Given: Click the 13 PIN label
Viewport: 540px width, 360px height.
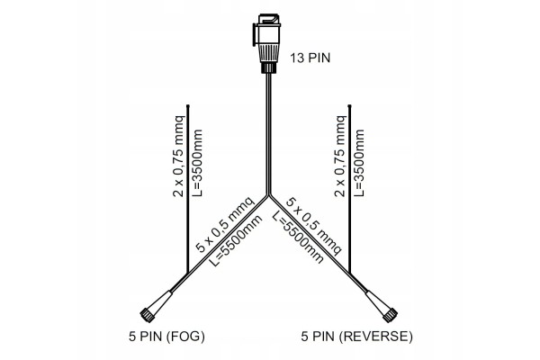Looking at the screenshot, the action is pos(310,58).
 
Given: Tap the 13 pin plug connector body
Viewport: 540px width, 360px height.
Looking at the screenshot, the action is pos(267,43).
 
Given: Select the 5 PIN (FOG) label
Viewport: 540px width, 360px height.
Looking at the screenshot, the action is pos(166,337).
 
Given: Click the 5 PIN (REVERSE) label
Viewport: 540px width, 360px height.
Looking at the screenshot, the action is pos(356,337).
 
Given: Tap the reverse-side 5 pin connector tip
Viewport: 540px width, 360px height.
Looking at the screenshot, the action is pos(390,315).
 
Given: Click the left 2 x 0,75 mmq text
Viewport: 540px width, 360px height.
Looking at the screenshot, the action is pos(178,156).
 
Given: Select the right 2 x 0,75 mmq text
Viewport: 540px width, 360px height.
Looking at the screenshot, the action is pos(340,156).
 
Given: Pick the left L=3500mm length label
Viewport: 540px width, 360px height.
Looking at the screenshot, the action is pos(196,163).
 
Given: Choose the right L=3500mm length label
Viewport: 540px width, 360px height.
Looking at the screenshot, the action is pos(358,163).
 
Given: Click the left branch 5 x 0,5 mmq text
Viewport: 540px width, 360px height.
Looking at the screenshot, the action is pos(225,224).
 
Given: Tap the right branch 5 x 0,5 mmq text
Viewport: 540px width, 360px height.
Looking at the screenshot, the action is pos(314,226).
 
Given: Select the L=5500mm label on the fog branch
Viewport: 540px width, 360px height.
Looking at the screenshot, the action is pos(236,240).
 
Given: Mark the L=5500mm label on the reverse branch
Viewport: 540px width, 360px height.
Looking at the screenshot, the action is pos(298,238).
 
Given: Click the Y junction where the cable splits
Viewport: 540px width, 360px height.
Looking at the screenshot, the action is pos(268,195).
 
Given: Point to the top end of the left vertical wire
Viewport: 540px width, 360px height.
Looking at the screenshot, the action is pos(188,106).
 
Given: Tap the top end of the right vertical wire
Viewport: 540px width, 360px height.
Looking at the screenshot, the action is pos(349,106).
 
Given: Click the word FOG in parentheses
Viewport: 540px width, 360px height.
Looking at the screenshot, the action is pos(185,337).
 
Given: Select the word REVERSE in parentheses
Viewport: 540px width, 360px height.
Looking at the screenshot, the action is pos(375,337).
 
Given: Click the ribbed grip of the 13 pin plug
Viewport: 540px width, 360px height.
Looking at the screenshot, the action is pos(267,53).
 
